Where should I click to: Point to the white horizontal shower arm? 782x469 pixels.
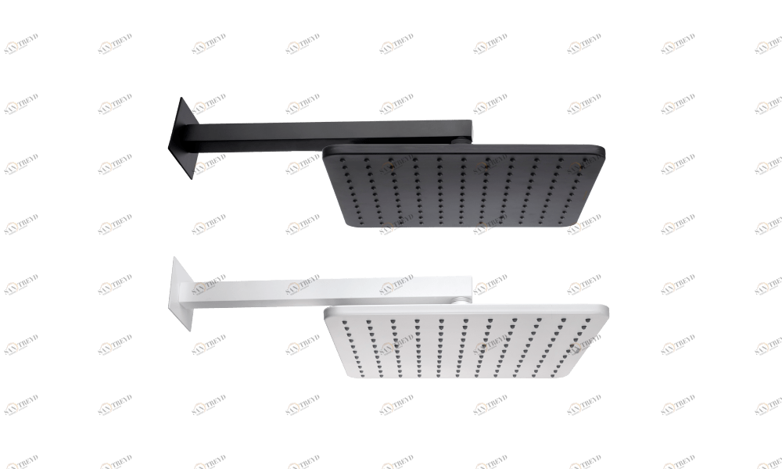(328, 288)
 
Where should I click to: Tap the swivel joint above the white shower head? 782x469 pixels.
(466, 299)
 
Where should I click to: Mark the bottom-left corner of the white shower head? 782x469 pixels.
(348, 378)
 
